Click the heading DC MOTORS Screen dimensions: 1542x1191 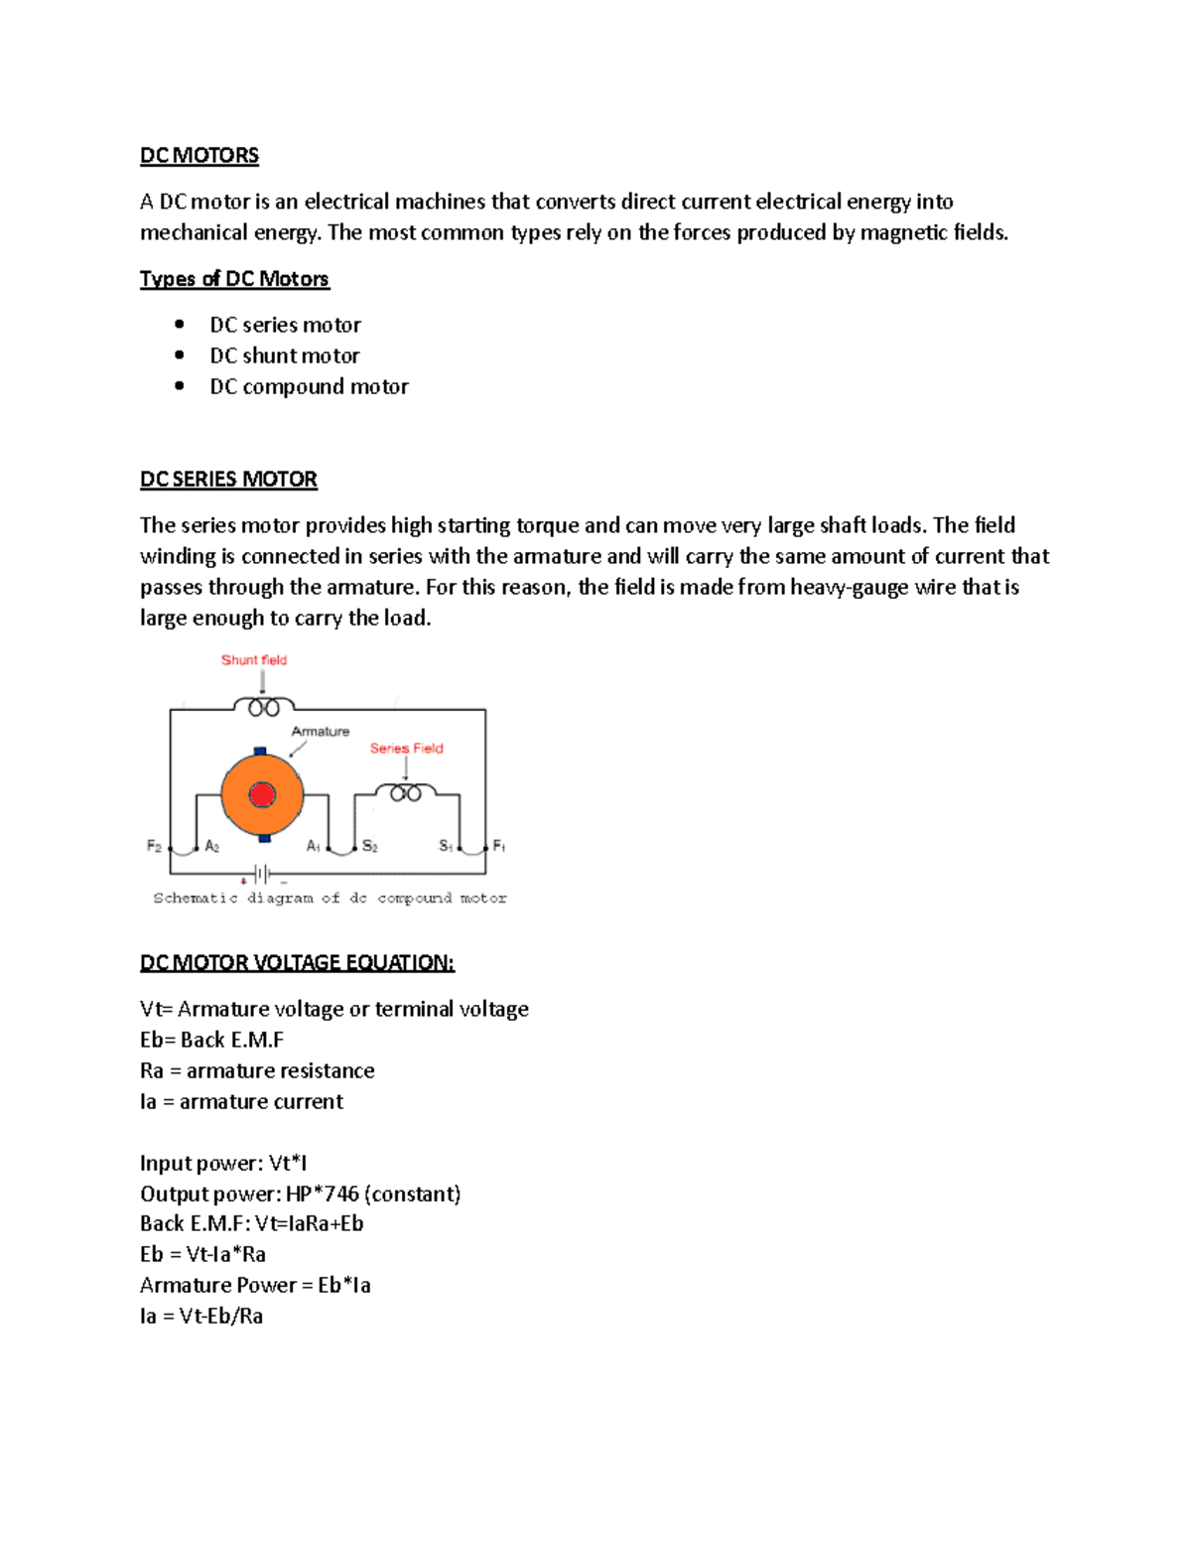[x=198, y=156]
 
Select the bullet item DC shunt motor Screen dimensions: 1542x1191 [x=284, y=355]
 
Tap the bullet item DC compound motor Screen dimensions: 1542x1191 [x=309, y=386]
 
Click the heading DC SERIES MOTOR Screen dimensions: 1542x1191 [x=228, y=480]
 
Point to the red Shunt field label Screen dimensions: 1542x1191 [x=253, y=660]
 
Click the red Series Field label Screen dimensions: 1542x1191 [x=406, y=749]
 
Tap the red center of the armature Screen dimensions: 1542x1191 [x=262, y=795]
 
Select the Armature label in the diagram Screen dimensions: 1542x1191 [x=320, y=732]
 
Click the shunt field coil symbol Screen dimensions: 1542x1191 [x=263, y=707]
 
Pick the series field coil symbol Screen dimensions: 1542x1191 [x=405, y=792]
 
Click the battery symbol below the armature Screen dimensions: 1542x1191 [x=263, y=874]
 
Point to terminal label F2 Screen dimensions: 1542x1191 [x=154, y=846]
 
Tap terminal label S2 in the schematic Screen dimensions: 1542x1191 [x=369, y=846]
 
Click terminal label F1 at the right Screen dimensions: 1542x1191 [x=498, y=846]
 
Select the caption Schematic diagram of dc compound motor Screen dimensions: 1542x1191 [x=330, y=898]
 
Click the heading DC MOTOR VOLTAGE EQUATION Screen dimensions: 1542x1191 [x=297, y=963]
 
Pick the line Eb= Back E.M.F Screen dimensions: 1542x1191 [x=211, y=1040]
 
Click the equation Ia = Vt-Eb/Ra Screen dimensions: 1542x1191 [x=201, y=1317]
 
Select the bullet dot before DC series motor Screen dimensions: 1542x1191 [x=180, y=324]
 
